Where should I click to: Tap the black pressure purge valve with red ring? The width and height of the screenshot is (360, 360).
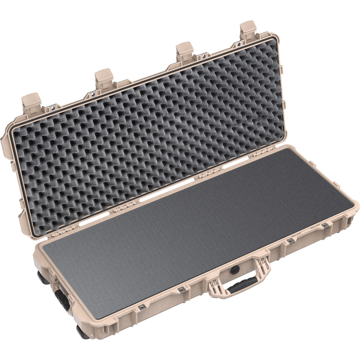coord(235,270)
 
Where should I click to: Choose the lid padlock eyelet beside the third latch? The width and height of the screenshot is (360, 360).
coord(204,56)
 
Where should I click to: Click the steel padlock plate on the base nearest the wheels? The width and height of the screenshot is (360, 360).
coord(142,307)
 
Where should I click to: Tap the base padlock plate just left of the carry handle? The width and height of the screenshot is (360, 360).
coord(182,289)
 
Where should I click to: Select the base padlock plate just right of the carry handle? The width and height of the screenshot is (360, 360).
coord(291,240)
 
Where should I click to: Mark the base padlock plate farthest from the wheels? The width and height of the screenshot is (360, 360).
coord(325,225)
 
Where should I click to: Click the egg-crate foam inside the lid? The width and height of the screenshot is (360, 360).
coord(148,137)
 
